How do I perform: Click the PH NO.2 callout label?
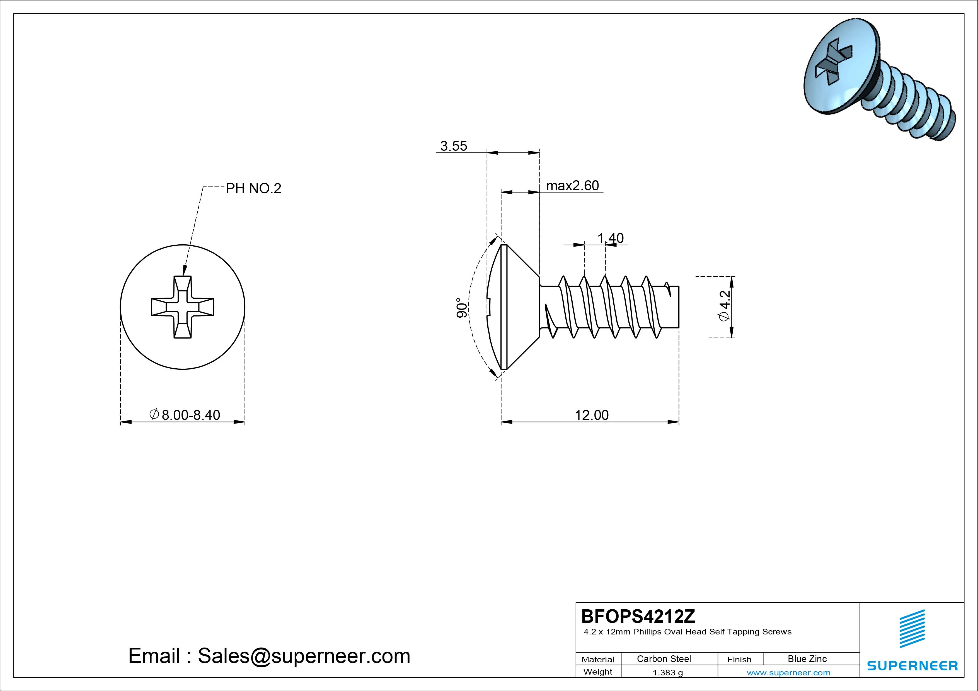tap(253, 188)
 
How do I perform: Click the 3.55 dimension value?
tap(453, 146)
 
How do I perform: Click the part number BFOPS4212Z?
tap(638, 616)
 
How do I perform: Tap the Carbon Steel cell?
tap(664, 659)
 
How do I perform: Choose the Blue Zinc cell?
tap(807, 659)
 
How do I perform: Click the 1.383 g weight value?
tap(667, 673)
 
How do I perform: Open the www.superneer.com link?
tap(788, 673)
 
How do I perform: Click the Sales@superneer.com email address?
tap(304, 656)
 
